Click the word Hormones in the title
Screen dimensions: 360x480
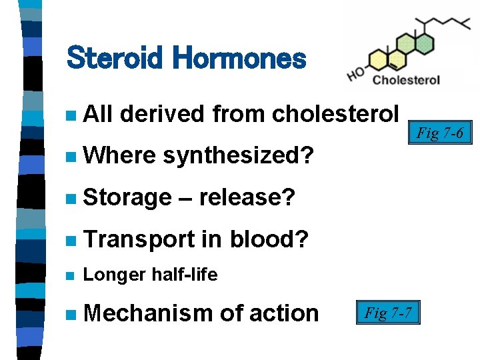239,59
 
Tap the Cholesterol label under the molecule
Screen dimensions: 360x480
406,80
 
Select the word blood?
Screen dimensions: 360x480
269,239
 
